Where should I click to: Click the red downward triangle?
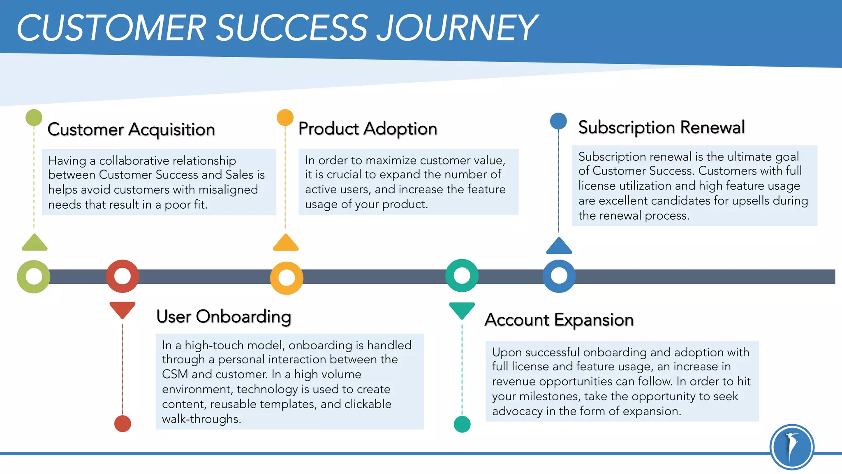click(x=123, y=309)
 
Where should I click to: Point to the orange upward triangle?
click(x=286, y=244)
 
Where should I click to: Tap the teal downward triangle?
click(x=462, y=310)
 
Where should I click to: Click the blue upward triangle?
click(x=559, y=247)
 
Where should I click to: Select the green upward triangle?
click(x=35, y=244)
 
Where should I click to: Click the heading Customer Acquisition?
click(x=131, y=129)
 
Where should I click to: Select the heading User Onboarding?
click(x=224, y=316)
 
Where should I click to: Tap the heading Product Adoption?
click(x=368, y=128)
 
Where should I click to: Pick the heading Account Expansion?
click(x=559, y=320)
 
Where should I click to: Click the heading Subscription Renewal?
click(x=661, y=127)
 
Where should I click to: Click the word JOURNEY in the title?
click(x=456, y=28)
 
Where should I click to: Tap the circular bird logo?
click(x=792, y=447)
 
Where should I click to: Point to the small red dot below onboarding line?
click(x=123, y=423)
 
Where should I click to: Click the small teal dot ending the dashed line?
click(x=462, y=424)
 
